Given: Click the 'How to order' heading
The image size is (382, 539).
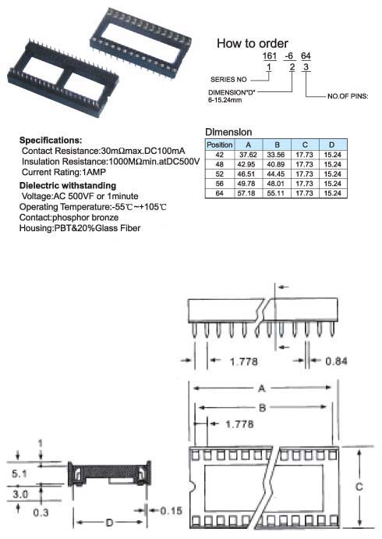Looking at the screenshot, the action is [253, 43].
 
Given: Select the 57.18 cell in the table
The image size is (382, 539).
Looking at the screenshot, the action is [246, 193].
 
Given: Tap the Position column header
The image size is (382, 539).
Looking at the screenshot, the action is [220, 145].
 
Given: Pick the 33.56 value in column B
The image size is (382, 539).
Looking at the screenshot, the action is [276, 155].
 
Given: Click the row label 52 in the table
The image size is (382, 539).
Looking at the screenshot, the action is [220, 174].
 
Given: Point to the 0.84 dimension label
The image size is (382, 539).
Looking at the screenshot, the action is [336, 361].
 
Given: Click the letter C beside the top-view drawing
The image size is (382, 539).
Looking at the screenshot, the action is [359, 487].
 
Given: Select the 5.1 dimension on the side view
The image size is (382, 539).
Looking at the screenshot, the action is [19, 473].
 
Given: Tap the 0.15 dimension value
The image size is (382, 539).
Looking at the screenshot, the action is [171, 511].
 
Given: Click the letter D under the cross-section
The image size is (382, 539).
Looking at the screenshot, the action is [109, 523].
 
